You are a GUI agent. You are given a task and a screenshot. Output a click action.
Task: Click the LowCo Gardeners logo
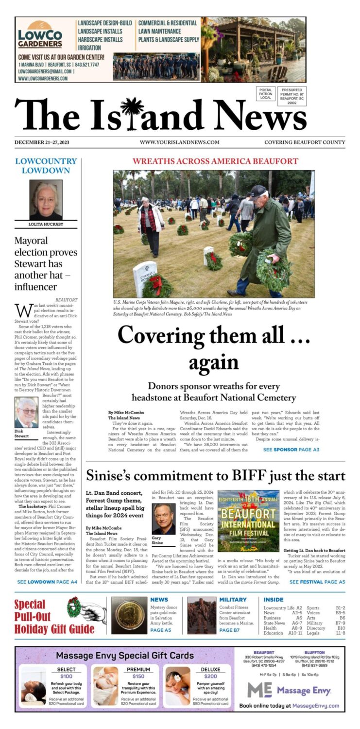[x=40, y=36]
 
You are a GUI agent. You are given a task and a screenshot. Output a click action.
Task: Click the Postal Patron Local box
[x=265, y=93]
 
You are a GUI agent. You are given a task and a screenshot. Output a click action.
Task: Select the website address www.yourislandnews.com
[x=179, y=142]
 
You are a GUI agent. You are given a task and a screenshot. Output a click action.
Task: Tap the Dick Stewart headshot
[x=26, y=413]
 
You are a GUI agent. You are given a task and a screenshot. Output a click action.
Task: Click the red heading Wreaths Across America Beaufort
[x=215, y=161]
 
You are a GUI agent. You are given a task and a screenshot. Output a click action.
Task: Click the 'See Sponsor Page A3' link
[x=291, y=450]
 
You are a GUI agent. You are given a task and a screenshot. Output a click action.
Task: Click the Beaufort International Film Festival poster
[x=248, y=521]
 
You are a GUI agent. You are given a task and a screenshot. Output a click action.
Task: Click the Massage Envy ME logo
[x=259, y=690]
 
